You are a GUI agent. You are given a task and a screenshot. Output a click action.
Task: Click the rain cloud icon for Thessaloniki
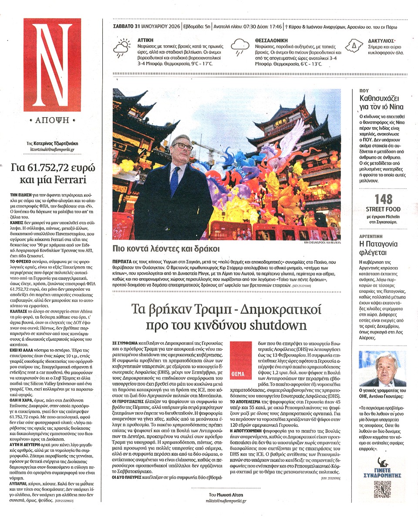click(x=239, y=47)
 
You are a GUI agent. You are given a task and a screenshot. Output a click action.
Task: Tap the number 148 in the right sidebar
click(x=383, y=200)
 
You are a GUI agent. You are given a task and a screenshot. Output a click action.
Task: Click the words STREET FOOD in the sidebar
click(x=383, y=209)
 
